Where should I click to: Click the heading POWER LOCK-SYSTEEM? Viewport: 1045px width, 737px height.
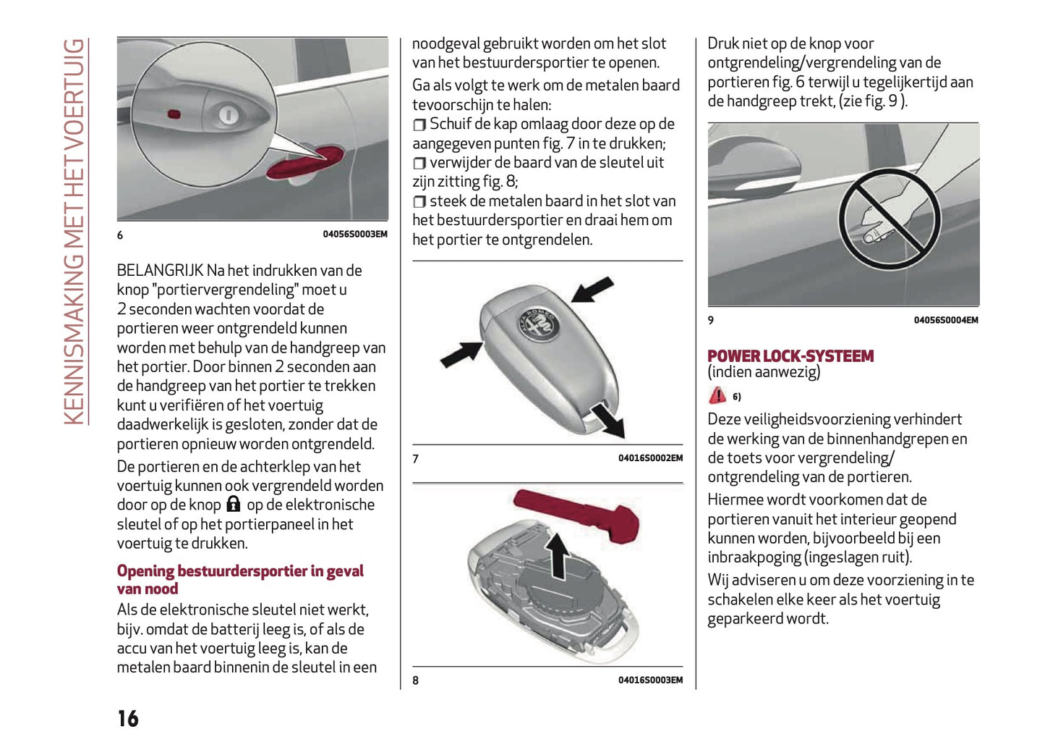click(x=790, y=355)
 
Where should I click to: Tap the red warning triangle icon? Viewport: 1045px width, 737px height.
click(x=717, y=395)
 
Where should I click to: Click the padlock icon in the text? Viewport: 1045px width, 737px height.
click(x=233, y=504)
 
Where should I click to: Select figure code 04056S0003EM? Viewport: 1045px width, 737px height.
click(x=354, y=235)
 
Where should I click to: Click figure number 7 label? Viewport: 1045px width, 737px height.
click(x=415, y=458)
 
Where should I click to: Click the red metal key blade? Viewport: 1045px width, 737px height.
click(x=579, y=513)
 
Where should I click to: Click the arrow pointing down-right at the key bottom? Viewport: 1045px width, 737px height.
click(x=607, y=422)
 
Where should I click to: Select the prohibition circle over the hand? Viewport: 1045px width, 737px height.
click(x=889, y=219)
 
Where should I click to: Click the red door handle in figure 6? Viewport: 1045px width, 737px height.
click(x=304, y=164)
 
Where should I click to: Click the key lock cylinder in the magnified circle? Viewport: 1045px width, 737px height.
click(x=227, y=114)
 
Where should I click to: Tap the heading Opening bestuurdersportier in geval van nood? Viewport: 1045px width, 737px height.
click(x=239, y=579)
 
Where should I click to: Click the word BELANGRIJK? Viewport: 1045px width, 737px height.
click(x=160, y=270)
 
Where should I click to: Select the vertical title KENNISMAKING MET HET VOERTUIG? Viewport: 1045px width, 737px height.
click(x=74, y=232)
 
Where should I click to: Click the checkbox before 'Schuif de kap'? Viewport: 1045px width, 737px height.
click(x=419, y=125)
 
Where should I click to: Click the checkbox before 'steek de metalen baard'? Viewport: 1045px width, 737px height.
click(x=419, y=202)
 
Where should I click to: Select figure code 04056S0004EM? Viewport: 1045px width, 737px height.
click(x=945, y=320)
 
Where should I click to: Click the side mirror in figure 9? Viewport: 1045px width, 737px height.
click(x=756, y=163)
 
